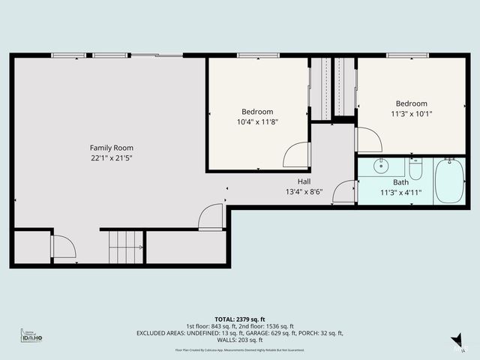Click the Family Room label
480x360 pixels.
pyautogui.click(x=111, y=148)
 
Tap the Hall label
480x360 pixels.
pyautogui.click(x=304, y=181)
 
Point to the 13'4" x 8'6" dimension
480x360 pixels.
pyautogui.click(x=304, y=192)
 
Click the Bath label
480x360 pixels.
pyautogui.click(x=401, y=182)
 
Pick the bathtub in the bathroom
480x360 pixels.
pyautogui.click(x=450, y=181)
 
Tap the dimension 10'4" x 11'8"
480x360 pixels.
pyautogui.click(x=257, y=121)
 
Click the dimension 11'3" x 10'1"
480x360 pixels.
pyautogui.click(x=411, y=114)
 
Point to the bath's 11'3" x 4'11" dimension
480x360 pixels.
pyautogui.click(x=401, y=192)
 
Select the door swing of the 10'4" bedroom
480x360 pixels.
pyautogui.click(x=296, y=155)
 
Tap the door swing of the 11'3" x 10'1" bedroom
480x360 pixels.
pyautogui.click(x=367, y=139)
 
